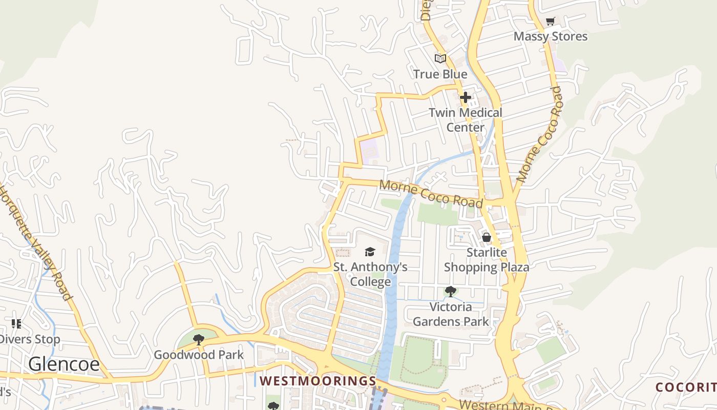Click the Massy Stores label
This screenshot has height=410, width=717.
pos(551,36)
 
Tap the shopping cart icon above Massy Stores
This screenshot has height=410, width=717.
pos(550,22)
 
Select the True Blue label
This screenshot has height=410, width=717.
pos(440,74)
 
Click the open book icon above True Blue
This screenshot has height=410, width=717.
pos(440,58)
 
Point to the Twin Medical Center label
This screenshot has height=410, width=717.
pos(465,119)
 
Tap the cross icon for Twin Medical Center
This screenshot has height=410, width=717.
pos(465,97)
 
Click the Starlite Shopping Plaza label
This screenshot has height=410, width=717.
pos(486,260)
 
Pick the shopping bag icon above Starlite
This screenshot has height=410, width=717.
pos(486,237)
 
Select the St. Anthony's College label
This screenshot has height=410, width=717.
pos(370,274)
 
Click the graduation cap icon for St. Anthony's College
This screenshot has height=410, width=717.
pos(370,252)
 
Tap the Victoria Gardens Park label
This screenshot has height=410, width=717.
pos(451,314)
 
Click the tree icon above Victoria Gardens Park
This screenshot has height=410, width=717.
pos(451,292)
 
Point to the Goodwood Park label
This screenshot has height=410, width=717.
pos(199,355)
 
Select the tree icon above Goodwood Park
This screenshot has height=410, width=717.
pos(199,339)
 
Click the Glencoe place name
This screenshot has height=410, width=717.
pos(64,364)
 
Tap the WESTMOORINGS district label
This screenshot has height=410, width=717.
pos(318,381)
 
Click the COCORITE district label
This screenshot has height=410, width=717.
pos(686,387)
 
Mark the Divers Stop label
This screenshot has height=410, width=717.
pos(31,339)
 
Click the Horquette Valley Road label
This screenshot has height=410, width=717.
pos(36,241)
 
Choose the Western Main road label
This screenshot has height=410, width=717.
pos(504,404)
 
